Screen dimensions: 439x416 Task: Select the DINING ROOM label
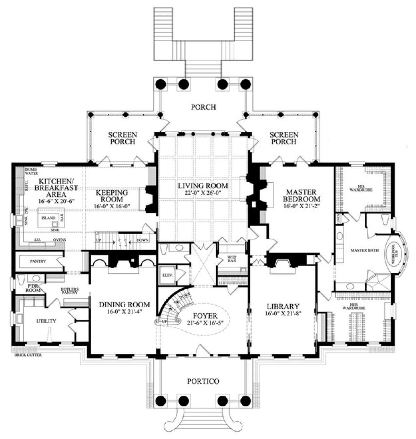point(124,305)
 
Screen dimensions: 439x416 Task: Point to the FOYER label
point(206,316)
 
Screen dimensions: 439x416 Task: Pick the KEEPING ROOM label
point(112,196)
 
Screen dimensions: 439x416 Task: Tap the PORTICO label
point(203,381)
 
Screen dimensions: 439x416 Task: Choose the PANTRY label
point(38,261)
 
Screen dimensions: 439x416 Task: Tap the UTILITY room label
point(46,321)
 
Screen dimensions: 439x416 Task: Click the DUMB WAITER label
point(31,171)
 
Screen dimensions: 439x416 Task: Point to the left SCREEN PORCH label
point(122,138)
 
